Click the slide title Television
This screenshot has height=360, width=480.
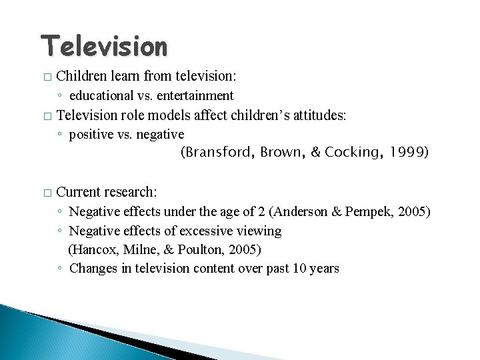pos(104,46)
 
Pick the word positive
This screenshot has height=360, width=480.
pos(91,134)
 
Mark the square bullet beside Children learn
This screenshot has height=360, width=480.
pos(46,78)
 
